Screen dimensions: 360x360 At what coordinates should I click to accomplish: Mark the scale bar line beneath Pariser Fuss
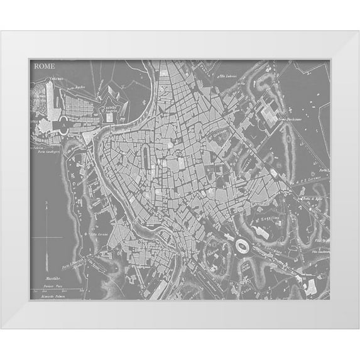(x=57, y=289)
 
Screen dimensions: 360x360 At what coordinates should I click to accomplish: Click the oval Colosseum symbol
(x=241, y=246)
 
